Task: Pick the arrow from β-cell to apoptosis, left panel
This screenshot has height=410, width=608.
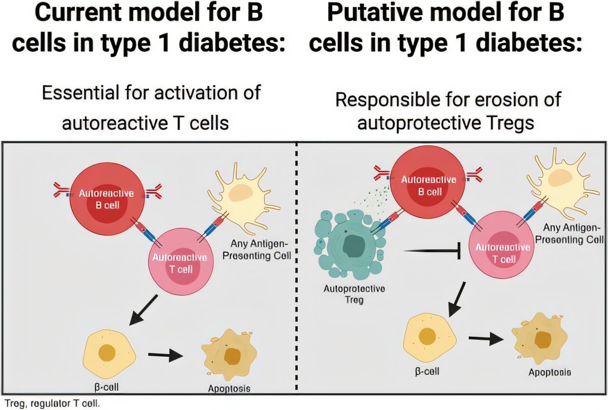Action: (165, 355)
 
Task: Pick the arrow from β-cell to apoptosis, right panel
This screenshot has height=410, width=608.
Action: (485, 339)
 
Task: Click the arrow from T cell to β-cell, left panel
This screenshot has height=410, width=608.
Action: (143, 309)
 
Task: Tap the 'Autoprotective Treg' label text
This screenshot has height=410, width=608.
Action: (354, 294)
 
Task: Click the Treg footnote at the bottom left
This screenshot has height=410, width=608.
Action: (52, 403)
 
